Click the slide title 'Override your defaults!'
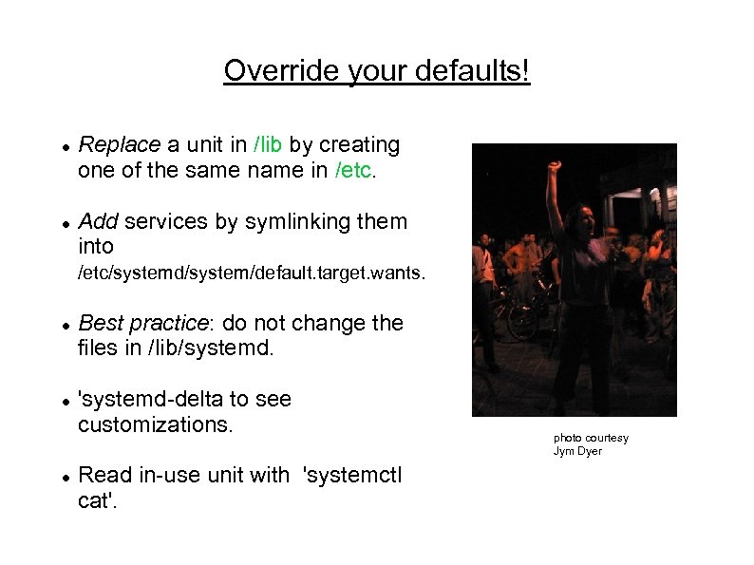click(376, 71)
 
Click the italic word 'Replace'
click(120, 145)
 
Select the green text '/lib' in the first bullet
click(268, 145)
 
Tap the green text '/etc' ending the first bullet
click(356, 170)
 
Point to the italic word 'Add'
click(98, 222)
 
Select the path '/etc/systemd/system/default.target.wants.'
click(252, 274)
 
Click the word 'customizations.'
click(155, 424)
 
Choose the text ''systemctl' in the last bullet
click(351, 475)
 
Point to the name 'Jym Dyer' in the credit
click(577, 451)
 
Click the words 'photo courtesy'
click(591, 438)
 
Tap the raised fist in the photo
click(553, 167)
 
